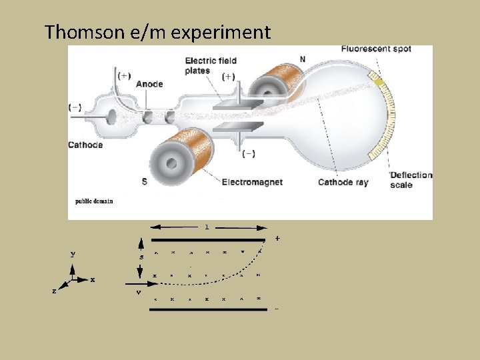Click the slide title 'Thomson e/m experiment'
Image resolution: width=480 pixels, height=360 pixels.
coord(157,32)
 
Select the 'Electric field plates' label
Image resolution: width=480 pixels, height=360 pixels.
coord(211,66)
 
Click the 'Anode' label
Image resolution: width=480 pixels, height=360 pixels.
coord(149,85)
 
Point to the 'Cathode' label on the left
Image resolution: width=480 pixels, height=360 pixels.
coord(85,145)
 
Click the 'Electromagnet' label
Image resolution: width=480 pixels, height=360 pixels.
coord(252,181)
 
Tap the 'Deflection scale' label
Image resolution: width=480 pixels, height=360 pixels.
coord(411,180)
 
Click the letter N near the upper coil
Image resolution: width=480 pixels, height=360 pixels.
coord(303,59)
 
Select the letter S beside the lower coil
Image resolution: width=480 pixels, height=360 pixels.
coord(144,181)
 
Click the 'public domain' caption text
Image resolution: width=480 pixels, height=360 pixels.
coord(93,201)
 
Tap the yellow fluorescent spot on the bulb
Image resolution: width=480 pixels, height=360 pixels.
coord(378,83)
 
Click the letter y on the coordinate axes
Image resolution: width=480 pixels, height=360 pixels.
coord(73,255)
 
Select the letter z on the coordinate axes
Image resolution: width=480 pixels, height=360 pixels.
coord(54,292)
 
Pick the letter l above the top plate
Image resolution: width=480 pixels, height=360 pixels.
coord(207,227)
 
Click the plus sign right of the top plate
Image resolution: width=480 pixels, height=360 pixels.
coord(277,238)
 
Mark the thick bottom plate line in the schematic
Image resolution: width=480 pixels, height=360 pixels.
coord(209,309)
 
